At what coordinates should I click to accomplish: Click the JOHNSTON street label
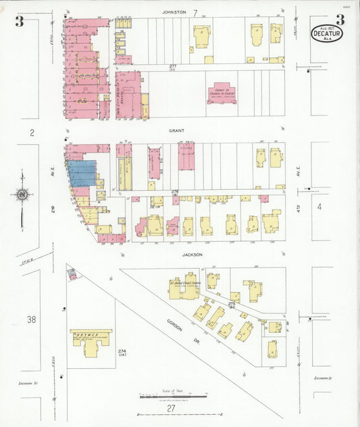174,12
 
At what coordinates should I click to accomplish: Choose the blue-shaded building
82,174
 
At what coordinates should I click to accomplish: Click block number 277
174,66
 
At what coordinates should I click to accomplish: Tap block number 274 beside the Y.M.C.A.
122,352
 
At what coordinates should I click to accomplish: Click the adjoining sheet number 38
31,319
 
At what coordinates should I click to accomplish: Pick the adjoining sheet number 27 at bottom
172,408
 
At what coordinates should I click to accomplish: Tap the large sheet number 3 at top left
20,22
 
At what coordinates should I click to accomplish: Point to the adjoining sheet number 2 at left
31,132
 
